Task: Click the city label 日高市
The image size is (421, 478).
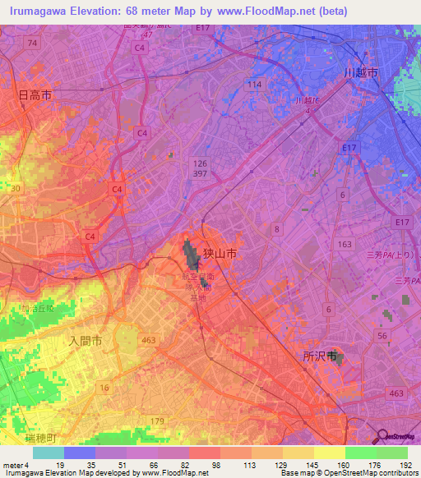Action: [35, 95]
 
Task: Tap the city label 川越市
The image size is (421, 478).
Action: [361, 73]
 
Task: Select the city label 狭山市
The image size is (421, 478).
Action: [220, 255]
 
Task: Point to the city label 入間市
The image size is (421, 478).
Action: [85, 339]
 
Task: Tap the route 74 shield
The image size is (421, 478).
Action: [32, 42]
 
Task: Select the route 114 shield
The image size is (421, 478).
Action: [254, 85]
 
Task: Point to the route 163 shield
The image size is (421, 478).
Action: [345, 244]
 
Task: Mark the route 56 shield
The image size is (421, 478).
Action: [382, 336]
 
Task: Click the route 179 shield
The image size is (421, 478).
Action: [181, 421]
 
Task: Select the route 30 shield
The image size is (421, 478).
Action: [16, 188]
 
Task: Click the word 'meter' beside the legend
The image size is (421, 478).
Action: [13, 464]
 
